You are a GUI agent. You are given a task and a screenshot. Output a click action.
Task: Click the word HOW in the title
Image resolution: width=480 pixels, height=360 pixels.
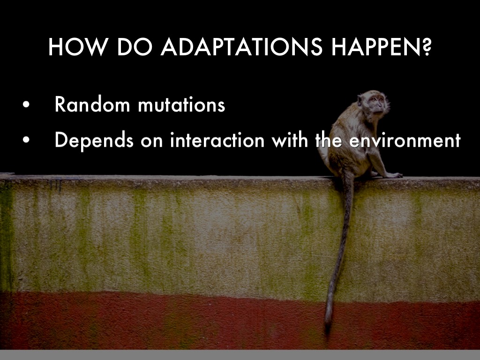point(78,47)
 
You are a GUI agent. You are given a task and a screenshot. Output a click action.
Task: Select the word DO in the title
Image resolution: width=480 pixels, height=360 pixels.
point(135,47)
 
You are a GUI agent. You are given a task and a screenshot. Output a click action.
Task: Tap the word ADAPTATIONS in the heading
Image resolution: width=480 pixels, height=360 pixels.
point(242,47)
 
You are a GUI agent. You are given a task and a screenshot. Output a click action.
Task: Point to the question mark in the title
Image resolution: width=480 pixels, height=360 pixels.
point(427,47)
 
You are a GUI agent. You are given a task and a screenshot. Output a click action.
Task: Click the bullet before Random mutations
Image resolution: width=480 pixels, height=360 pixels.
point(26,105)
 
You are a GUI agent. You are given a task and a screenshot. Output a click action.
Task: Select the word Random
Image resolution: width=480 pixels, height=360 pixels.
point(92,104)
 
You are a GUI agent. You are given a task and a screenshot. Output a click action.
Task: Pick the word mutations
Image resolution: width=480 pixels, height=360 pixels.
point(181,105)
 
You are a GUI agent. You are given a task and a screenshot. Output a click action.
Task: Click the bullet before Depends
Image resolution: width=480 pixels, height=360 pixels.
point(26,140)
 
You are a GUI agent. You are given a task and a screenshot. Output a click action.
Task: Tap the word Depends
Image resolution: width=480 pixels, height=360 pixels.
point(94,140)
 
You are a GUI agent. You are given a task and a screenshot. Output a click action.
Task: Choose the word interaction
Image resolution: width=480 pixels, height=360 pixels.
point(217,140)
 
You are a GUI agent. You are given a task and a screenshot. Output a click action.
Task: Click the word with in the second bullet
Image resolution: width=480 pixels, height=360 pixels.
point(290,140)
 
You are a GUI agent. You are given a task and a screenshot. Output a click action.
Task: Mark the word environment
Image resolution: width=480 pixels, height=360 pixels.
point(405,140)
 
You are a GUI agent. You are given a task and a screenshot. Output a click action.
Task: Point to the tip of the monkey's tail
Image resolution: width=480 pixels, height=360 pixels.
point(328,331)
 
